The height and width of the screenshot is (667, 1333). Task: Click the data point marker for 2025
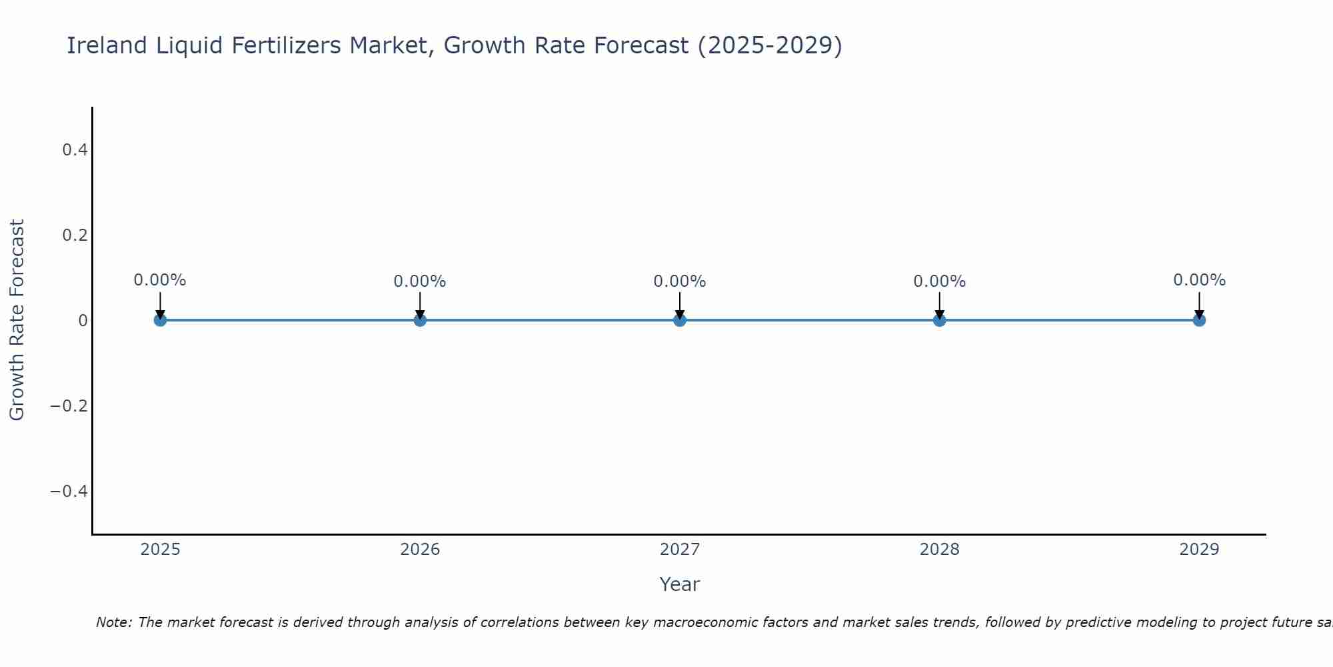point(160,320)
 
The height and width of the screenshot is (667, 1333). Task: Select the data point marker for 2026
point(420,320)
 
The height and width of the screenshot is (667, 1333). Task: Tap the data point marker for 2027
point(680,320)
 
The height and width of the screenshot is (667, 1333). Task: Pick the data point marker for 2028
point(939,320)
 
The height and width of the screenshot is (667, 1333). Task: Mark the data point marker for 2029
point(1199,320)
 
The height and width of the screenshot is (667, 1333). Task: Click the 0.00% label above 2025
point(160,280)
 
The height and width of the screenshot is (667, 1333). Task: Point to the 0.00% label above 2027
point(680,281)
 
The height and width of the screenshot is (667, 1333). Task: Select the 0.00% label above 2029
point(1199,280)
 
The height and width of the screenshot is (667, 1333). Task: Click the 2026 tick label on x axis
point(420,550)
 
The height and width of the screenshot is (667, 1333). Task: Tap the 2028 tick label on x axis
point(939,550)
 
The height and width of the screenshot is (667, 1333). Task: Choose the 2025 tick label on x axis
point(161,550)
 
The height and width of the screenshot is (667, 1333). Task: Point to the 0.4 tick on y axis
point(75,150)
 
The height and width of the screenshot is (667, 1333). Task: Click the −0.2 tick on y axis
point(69,406)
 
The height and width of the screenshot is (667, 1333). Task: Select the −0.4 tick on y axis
point(69,492)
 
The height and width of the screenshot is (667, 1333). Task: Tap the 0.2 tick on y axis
point(75,235)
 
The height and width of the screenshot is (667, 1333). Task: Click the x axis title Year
point(679,584)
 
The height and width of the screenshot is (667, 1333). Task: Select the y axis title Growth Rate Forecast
point(17,320)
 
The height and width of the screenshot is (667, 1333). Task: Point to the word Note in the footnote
point(114,622)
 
